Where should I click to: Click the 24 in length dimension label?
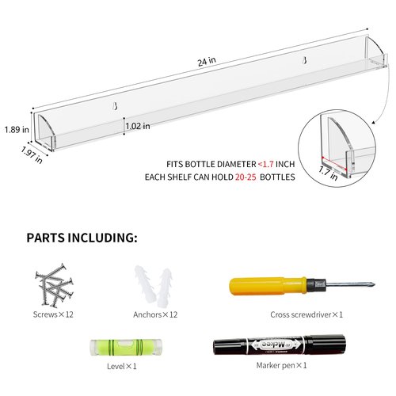point(207,62)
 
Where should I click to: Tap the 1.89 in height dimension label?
point(17,130)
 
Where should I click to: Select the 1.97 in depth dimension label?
point(32,154)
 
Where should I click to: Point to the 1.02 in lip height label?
point(138,126)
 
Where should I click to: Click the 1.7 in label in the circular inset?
point(328,173)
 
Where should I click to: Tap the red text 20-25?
point(246,177)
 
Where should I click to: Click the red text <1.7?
point(265,164)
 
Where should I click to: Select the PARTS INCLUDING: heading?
point(82,238)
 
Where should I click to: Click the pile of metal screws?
point(54,285)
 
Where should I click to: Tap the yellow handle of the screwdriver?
point(268,286)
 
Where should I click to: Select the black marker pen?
point(280,345)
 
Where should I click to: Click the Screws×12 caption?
point(53,314)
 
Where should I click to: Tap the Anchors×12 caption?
point(155,314)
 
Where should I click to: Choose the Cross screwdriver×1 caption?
point(307,314)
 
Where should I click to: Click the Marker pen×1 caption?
point(281,365)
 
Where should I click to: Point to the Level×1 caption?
point(122,366)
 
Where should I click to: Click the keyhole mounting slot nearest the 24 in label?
point(304,61)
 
